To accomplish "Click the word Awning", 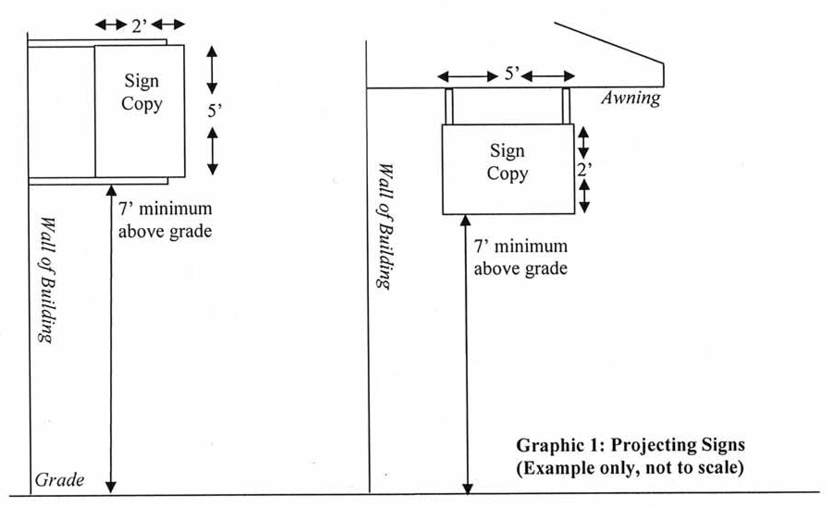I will click(631, 98).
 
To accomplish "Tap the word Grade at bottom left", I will click(59, 480).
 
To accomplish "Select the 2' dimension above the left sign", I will click(139, 26).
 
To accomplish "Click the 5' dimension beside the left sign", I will click(214, 111).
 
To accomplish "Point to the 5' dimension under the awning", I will click(512, 74).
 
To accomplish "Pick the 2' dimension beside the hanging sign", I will click(584, 170).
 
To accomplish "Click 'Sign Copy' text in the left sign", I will click(142, 93).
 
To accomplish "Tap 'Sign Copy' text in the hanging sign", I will click(507, 162).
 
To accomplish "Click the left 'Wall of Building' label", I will click(47, 280).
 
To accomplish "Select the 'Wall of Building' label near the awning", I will click(385, 227).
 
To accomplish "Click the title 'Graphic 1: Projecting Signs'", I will click(630, 445).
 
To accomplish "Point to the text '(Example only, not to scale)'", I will click(630, 468).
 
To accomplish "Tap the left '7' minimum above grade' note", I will click(165, 220).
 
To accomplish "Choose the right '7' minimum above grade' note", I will click(520, 257).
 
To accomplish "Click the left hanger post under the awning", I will click(449, 106).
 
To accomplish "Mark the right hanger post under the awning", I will click(566, 106).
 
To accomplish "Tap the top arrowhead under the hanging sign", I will click(466, 220).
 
